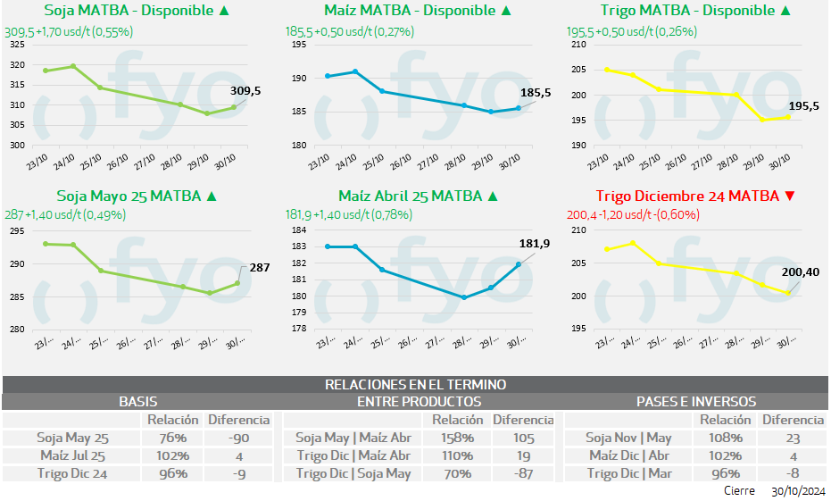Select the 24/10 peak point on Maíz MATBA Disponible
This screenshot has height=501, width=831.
355,71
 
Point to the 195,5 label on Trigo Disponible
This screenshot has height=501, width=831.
803,105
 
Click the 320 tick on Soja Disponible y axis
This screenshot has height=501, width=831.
18,65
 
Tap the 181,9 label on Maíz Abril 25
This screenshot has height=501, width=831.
534,244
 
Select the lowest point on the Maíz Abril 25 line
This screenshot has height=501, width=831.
464,297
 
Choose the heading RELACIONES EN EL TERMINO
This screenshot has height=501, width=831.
415,384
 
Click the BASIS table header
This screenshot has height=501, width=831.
138,402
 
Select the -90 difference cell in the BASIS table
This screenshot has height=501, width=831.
237,438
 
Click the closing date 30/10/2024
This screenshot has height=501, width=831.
797,491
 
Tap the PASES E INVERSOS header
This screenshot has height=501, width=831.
696,402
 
